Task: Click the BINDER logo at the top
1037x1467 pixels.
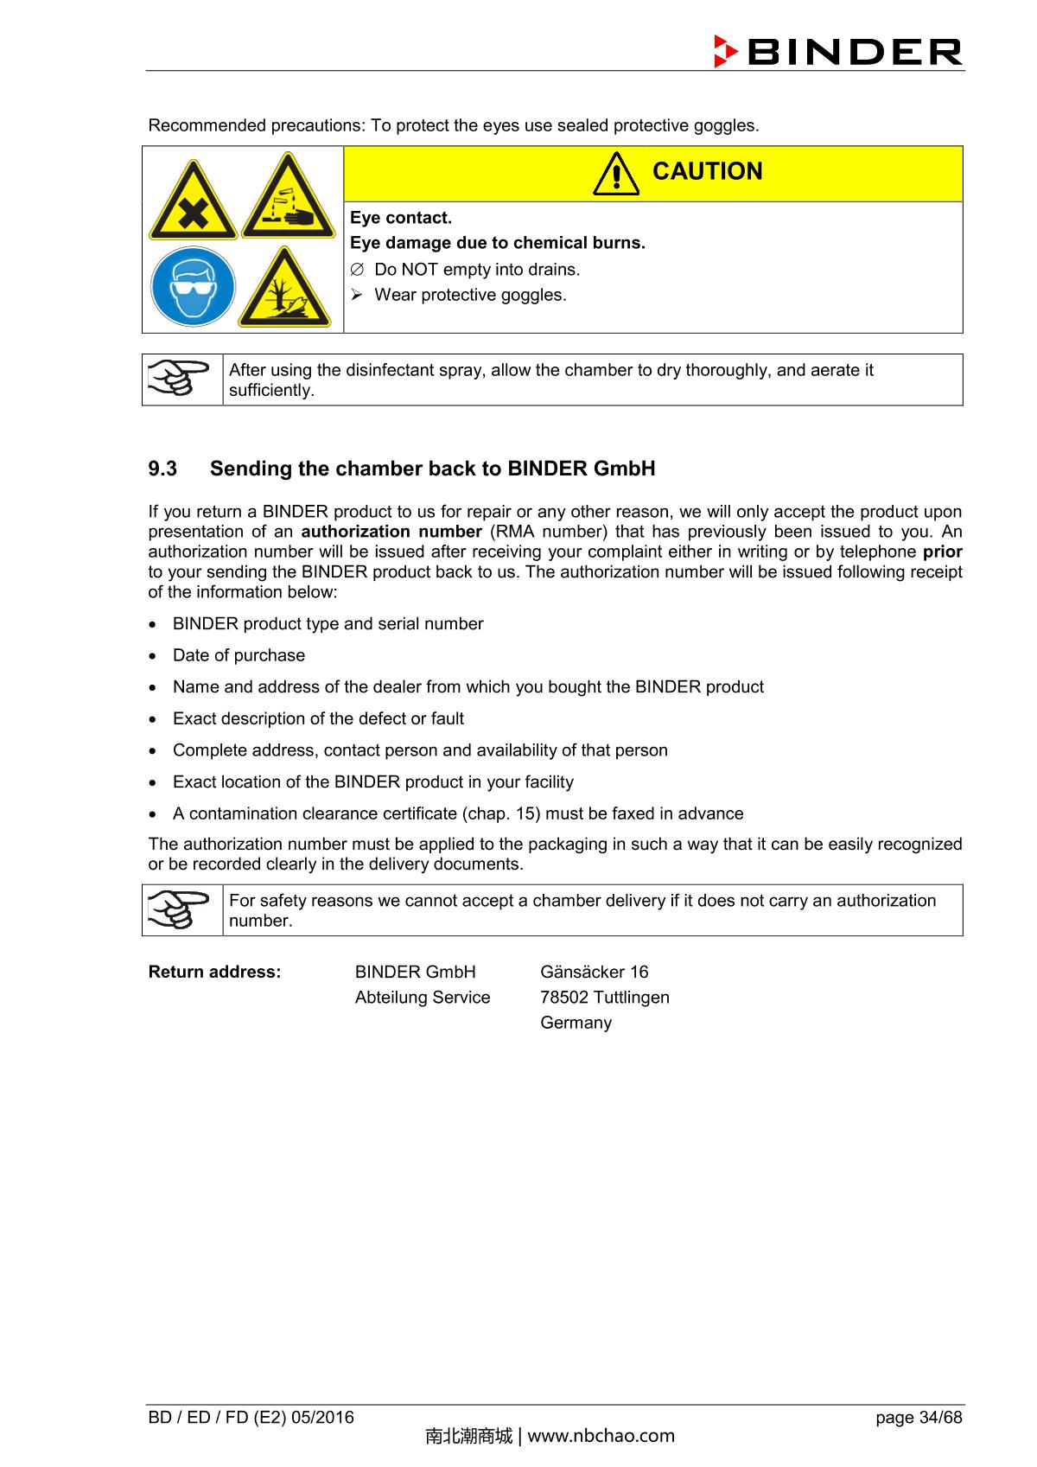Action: tap(837, 52)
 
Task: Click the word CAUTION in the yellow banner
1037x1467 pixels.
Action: tap(707, 172)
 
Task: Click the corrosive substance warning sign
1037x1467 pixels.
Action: tap(288, 199)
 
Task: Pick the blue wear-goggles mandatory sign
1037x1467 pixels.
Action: tap(192, 287)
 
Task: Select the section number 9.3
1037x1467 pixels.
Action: tap(162, 469)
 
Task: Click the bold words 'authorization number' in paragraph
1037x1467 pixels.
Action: tap(391, 532)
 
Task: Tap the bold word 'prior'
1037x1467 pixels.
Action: tap(942, 552)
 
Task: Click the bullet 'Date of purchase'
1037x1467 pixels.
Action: tap(239, 655)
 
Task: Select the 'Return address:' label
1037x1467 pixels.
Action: tap(214, 972)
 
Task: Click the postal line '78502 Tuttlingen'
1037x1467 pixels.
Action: tap(604, 997)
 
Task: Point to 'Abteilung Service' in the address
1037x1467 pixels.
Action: tap(422, 997)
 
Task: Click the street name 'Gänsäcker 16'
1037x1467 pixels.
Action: tap(594, 972)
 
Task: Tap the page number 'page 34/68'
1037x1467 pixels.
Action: tap(918, 1417)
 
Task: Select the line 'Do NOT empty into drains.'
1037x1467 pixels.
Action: tap(476, 270)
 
